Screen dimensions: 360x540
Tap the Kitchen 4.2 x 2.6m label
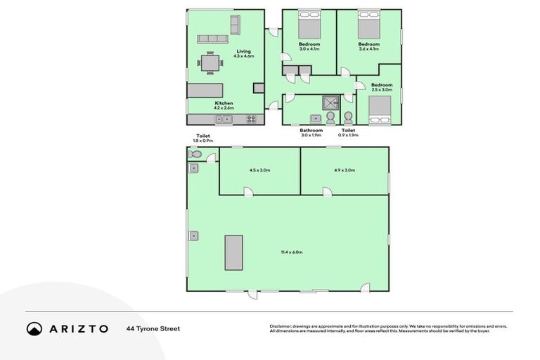[224, 105]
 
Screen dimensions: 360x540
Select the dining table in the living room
[210, 63]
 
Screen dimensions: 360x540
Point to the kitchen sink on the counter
[224, 120]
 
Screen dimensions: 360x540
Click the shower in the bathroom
[330, 103]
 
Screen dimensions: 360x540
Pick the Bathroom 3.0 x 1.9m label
[311, 132]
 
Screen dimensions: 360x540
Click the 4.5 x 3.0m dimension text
[259, 170]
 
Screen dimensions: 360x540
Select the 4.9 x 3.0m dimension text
[344, 170]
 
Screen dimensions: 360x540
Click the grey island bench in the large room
[233, 252]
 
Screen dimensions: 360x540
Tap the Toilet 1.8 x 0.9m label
[202, 139]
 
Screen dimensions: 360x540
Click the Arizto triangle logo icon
[34, 328]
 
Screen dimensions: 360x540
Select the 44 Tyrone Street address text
[153, 328]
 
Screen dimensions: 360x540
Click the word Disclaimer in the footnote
[281, 326]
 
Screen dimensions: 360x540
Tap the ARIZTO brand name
[78, 328]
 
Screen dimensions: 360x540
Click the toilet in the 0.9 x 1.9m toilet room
[348, 117]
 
